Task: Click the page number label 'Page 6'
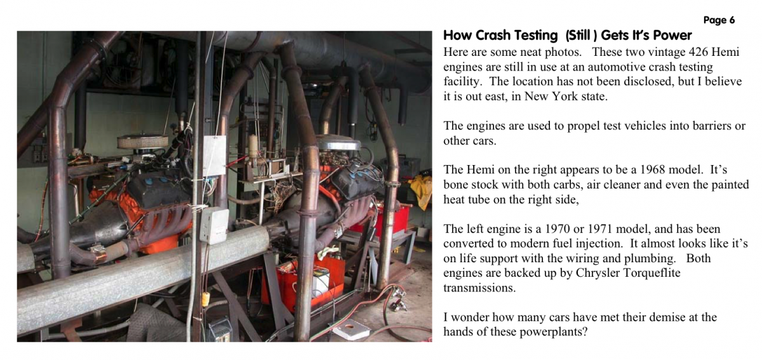(x=719, y=20)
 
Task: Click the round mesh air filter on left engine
(x=142, y=141)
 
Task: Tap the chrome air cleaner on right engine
(x=339, y=143)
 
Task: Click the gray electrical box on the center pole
(x=213, y=225)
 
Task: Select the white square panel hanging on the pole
(x=215, y=156)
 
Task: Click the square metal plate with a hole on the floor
(x=351, y=329)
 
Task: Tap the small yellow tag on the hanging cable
(x=205, y=298)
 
